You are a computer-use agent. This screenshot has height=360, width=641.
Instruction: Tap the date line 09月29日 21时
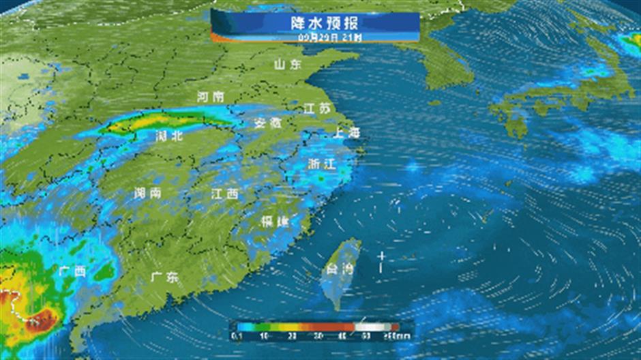pyautogui.click(x=315, y=36)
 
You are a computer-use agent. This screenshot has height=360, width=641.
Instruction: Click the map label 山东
pyautogui.click(x=288, y=65)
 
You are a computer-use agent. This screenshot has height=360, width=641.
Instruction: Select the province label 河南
pyautogui.click(x=209, y=97)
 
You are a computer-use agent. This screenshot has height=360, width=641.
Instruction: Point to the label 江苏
pyautogui.click(x=317, y=108)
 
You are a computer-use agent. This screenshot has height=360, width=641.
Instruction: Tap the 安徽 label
pyautogui.click(x=267, y=123)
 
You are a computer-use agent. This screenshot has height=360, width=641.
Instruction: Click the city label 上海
pyautogui.click(x=346, y=133)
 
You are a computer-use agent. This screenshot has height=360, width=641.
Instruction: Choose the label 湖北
pyautogui.click(x=169, y=136)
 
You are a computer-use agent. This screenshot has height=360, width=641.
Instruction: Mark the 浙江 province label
pyautogui.click(x=321, y=164)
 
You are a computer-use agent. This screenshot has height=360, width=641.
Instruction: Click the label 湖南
pyautogui.click(x=148, y=193)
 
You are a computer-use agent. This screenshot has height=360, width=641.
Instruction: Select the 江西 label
pyautogui.click(x=224, y=194)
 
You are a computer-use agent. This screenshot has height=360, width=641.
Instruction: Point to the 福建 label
pyautogui.click(x=275, y=221)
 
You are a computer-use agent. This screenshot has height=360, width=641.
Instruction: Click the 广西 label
pyautogui.click(x=72, y=271)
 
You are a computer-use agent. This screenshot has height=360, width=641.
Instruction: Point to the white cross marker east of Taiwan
pyautogui.click(x=382, y=257)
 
